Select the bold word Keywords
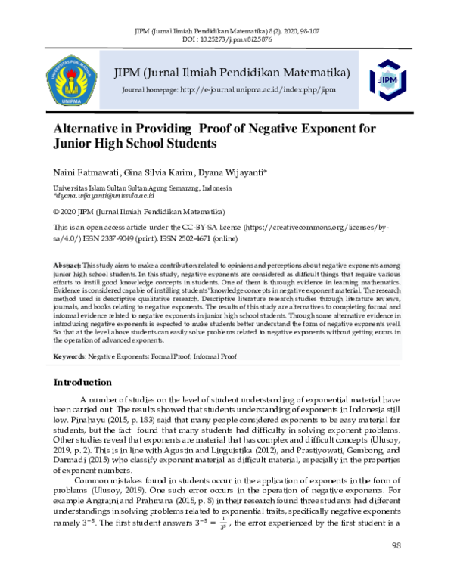click(x=68, y=355)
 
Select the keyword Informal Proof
click(x=227, y=355)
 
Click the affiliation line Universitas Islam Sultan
click(x=141, y=187)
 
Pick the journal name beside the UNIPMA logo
click(x=231, y=73)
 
